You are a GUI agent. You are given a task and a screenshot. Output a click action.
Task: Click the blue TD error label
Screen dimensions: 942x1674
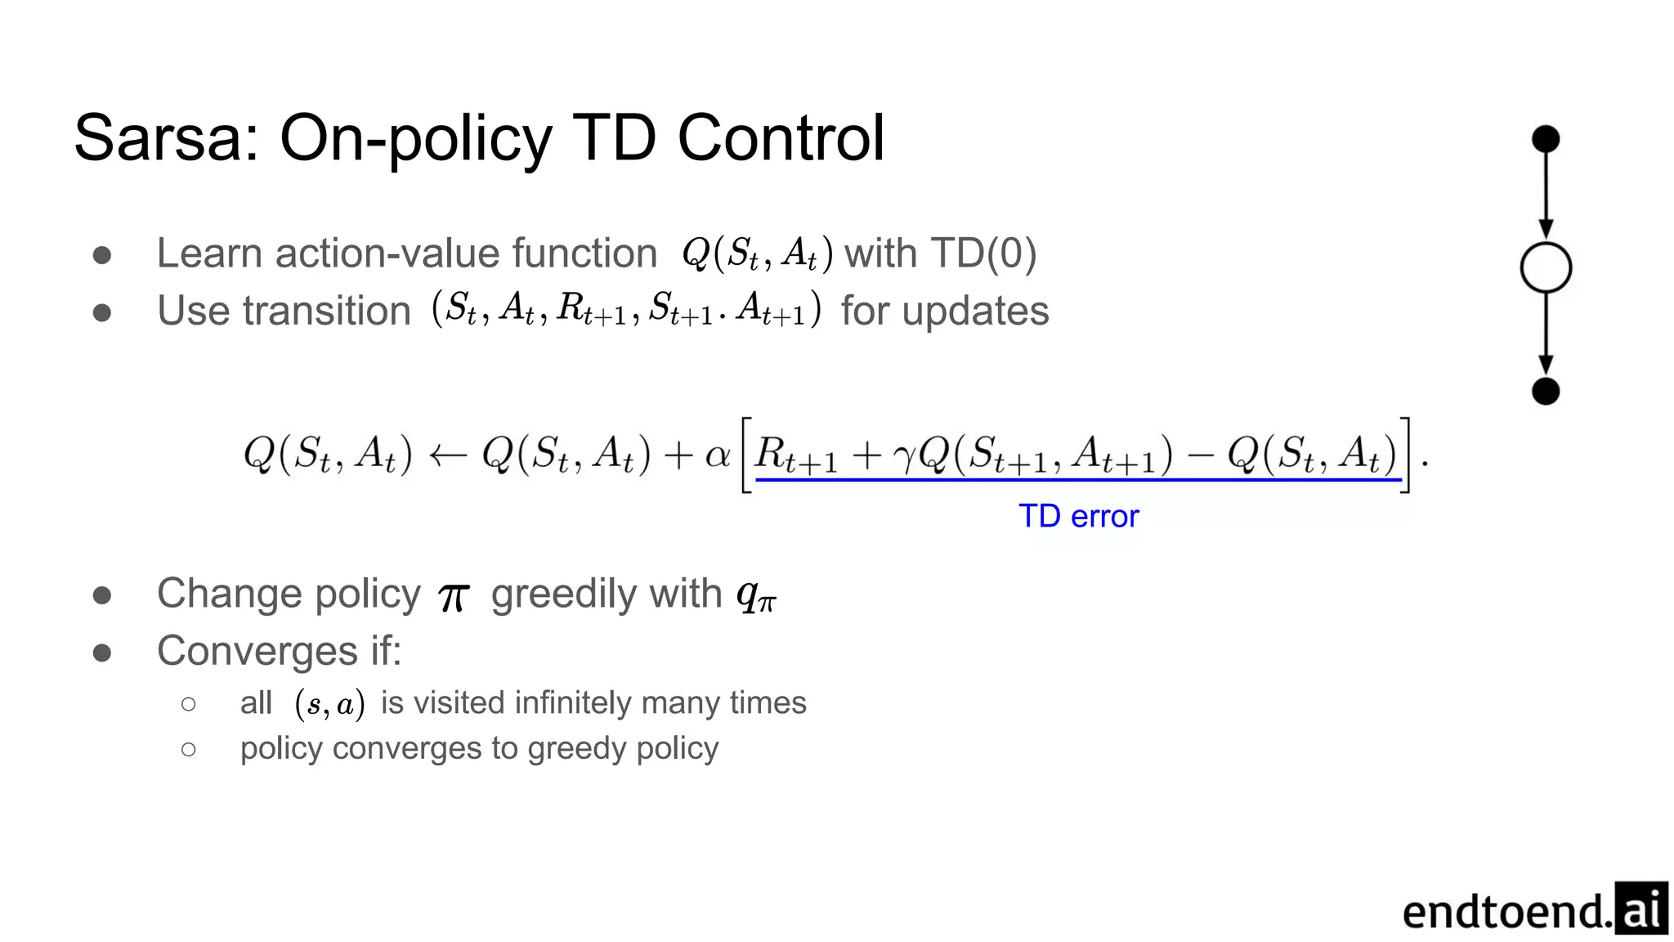tap(1078, 517)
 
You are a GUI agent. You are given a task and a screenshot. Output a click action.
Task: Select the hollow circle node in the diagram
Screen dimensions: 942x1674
tap(1545, 267)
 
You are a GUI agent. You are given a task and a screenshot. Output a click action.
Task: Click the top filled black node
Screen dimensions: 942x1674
tap(1545, 139)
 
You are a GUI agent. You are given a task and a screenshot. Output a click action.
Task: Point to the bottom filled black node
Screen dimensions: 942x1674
tap(1545, 392)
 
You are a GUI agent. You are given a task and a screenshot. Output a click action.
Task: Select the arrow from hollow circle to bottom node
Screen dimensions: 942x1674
tap(1545, 335)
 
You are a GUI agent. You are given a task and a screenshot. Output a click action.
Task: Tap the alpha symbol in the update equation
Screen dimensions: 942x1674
tap(717, 455)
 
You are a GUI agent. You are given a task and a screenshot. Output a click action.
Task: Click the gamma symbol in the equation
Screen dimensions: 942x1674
tap(904, 458)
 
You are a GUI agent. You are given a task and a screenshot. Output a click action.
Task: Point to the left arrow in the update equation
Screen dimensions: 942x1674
tap(447, 455)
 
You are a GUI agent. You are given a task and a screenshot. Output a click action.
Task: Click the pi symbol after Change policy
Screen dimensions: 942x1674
tap(454, 597)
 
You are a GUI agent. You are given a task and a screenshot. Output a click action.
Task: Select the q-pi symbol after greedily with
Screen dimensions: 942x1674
tap(756, 595)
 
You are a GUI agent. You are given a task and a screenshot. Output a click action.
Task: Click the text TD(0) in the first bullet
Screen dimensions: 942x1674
tap(983, 253)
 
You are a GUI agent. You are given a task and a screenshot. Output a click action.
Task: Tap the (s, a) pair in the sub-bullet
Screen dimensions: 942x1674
tap(329, 704)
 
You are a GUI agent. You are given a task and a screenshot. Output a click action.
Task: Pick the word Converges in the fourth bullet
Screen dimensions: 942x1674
tap(257, 652)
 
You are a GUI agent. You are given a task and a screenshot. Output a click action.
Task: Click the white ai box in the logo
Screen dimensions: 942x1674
tap(1641, 908)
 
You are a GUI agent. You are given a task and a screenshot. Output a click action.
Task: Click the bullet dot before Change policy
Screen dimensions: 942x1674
tap(102, 594)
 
